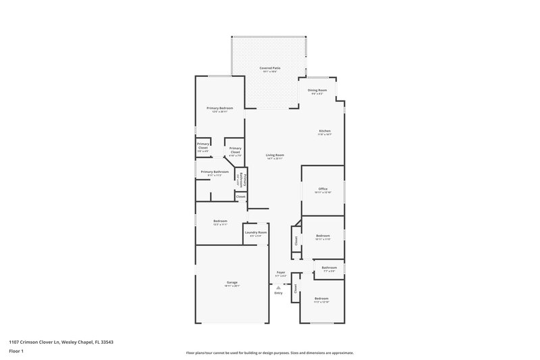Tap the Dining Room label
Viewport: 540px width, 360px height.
tap(317, 91)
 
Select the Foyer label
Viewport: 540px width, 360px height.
tap(281, 274)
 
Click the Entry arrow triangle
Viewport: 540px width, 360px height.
tap(278, 287)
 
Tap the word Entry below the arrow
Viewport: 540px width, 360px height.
tap(278, 293)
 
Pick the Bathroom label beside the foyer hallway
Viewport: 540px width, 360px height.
tap(329, 268)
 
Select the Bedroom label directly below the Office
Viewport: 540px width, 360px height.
tap(322, 236)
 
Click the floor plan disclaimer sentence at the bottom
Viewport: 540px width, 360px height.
tap(270, 353)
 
